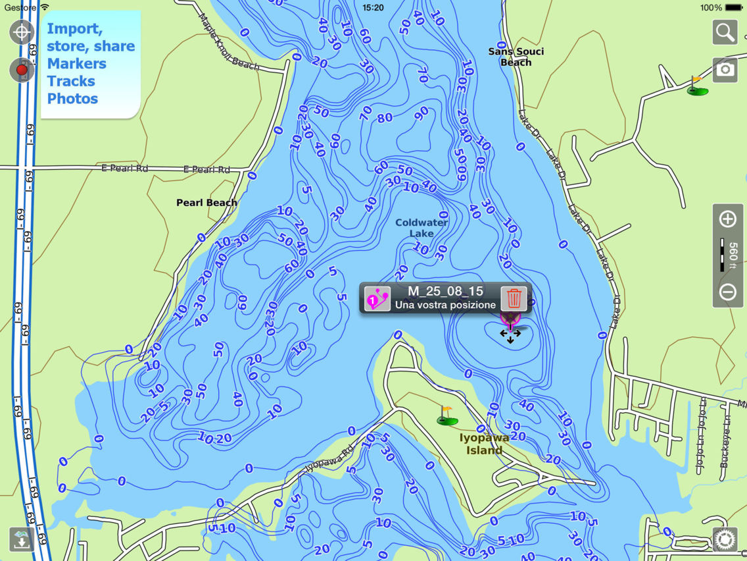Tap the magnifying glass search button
(x=725, y=32)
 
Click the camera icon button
(x=725, y=70)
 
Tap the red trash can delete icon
(x=514, y=298)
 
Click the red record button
(x=22, y=70)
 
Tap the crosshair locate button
(x=22, y=32)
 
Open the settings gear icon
(x=725, y=539)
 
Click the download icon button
(x=22, y=539)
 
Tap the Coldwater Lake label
(x=422, y=228)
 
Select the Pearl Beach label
(x=206, y=203)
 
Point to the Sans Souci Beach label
(x=516, y=57)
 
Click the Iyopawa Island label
(x=484, y=444)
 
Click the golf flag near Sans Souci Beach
(x=696, y=86)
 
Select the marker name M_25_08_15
(x=445, y=291)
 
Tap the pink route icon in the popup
(x=377, y=298)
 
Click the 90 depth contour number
(x=422, y=113)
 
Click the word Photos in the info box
(x=72, y=99)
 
